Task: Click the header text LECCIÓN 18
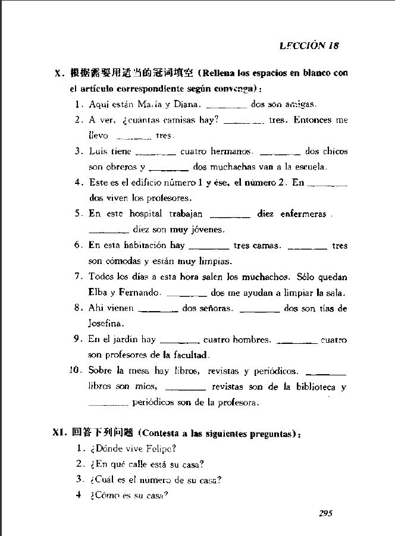coord(309,45)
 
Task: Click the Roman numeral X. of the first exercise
coord(59,74)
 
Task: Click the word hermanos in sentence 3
coord(231,152)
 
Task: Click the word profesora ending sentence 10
coord(239,403)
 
